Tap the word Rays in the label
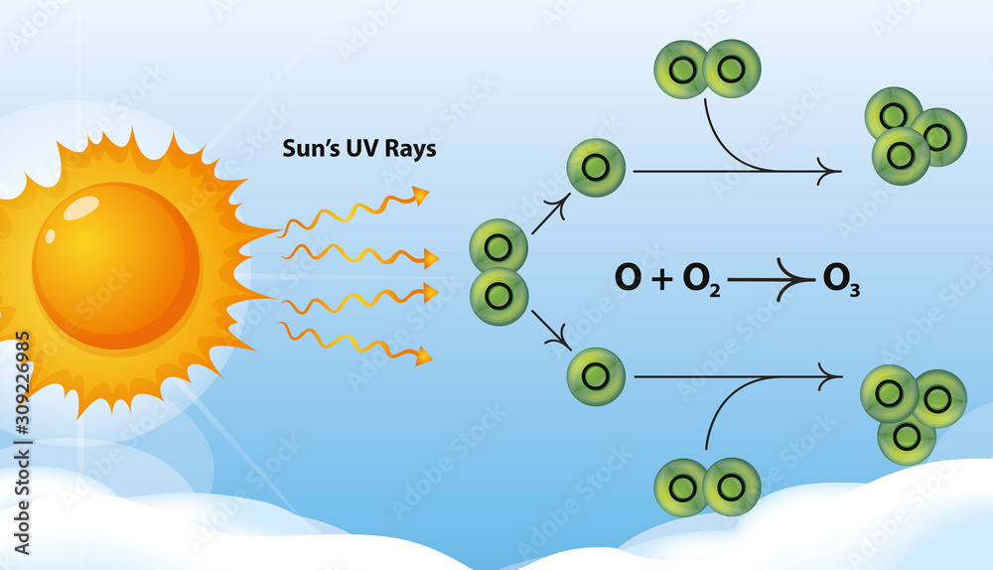(411, 150)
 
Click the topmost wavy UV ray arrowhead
(421, 195)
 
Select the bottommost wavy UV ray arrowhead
(424, 356)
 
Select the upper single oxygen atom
(596, 168)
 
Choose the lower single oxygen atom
(596, 376)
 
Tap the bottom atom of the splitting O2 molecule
(498, 296)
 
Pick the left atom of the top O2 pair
(682, 70)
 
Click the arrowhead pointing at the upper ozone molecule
(832, 172)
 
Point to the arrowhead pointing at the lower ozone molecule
(832, 376)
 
